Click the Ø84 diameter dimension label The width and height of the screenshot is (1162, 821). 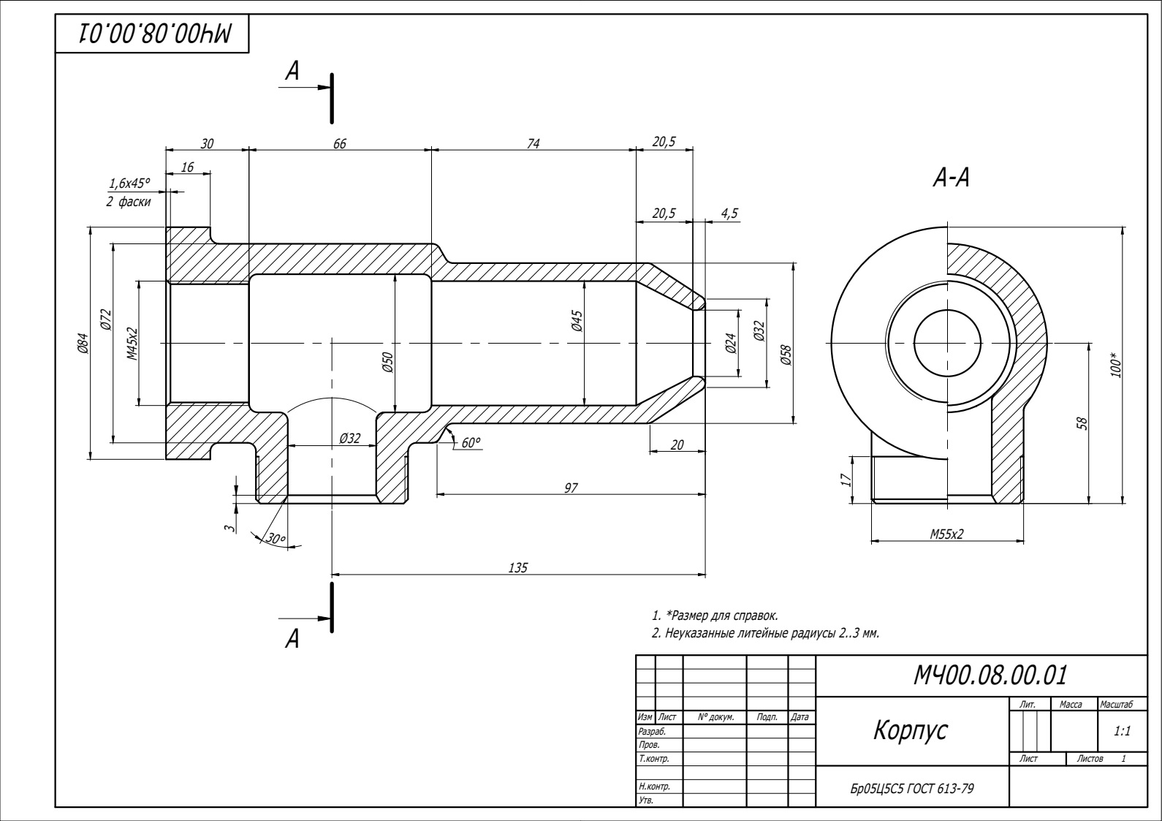83,343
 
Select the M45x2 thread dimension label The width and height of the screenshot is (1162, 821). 132,344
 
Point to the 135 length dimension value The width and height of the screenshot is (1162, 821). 517,567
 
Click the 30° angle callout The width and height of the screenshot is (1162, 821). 276,539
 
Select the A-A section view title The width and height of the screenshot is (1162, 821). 952,178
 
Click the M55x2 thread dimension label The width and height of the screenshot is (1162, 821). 946,534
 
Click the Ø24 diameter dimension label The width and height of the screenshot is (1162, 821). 730,343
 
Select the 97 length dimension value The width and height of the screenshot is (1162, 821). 571,488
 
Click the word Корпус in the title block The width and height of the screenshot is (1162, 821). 910,730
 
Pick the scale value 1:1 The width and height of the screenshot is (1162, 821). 1122,730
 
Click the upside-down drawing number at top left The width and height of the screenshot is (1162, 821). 154,33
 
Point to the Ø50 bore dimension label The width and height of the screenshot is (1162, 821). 387,362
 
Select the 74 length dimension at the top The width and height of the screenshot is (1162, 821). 533,143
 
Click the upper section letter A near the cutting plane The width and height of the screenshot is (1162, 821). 292,71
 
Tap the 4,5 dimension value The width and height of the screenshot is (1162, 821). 729,213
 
